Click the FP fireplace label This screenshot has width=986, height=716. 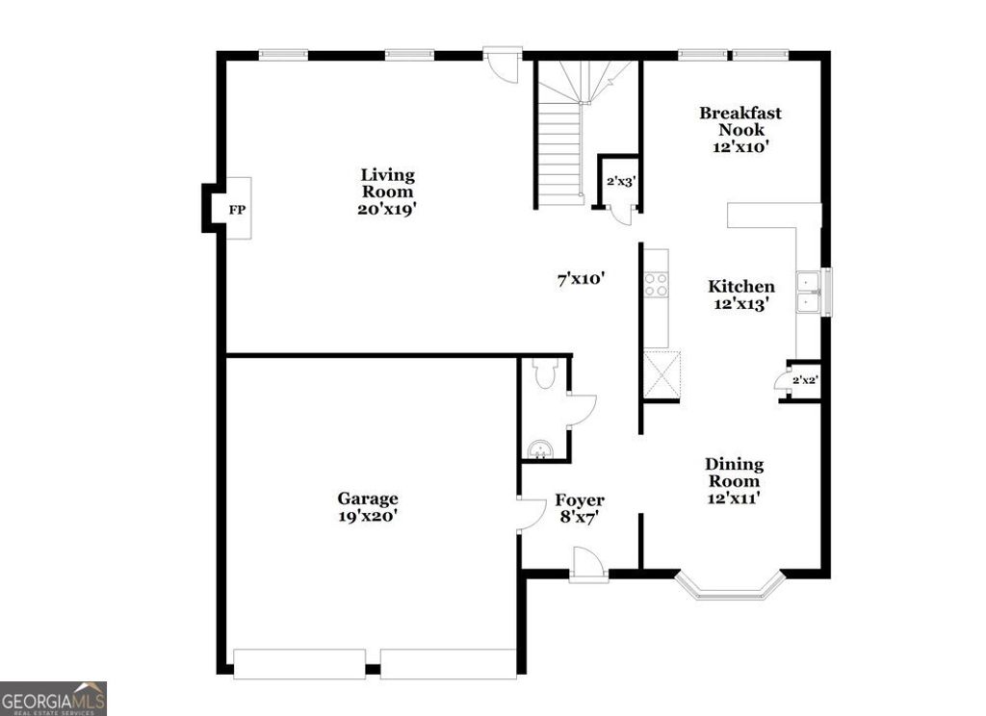[236, 208]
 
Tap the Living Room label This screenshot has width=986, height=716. [388, 183]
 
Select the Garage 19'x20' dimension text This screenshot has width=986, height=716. [367, 516]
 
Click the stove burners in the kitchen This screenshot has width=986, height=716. [656, 284]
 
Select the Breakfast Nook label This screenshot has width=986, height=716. [739, 121]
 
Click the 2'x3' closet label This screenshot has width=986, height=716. [619, 180]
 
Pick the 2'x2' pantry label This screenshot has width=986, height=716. [804, 380]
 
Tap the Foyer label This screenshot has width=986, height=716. [580, 500]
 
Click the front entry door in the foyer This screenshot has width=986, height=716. [587, 565]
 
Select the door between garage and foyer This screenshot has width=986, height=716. [529, 516]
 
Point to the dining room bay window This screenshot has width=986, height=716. [728, 589]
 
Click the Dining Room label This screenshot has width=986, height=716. [734, 473]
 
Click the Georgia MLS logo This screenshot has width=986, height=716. [53, 698]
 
